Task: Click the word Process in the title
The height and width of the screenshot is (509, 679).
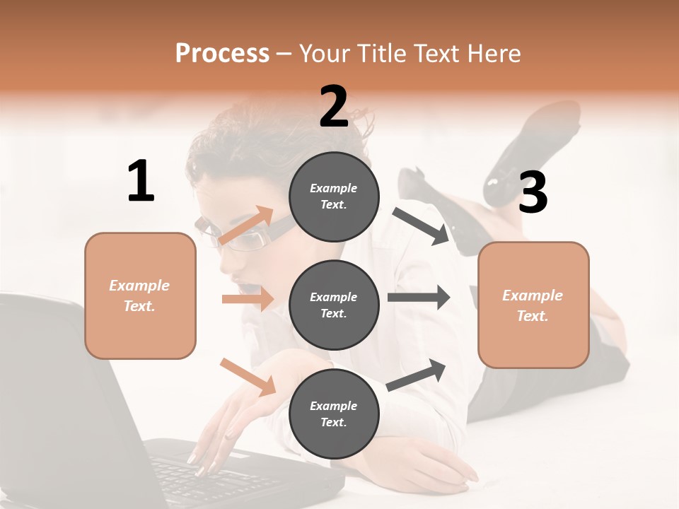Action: click(x=222, y=53)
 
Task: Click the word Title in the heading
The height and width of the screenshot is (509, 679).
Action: click(x=381, y=53)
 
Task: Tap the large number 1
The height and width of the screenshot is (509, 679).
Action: click(x=141, y=181)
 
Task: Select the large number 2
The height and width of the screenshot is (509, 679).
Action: click(x=334, y=107)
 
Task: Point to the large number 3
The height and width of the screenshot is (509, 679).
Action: click(x=533, y=193)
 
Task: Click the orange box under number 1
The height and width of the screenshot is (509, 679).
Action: click(x=140, y=296)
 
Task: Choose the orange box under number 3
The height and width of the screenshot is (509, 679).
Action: click(x=533, y=305)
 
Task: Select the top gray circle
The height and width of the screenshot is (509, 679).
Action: click(x=334, y=197)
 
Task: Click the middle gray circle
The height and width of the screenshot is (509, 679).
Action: click(x=334, y=305)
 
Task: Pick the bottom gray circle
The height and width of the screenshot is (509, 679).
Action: click(x=334, y=414)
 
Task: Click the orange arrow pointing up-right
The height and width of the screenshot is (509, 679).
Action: click(x=246, y=226)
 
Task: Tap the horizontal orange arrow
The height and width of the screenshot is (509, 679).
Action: click(x=248, y=299)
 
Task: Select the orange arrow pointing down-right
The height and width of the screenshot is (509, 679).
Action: click(x=248, y=377)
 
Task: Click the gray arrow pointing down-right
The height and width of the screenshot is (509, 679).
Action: click(x=421, y=226)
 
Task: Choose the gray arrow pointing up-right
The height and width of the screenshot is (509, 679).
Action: click(x=417, y=375)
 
